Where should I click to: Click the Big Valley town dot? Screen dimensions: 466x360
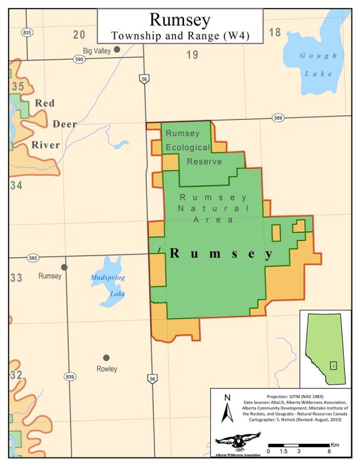click(117, 50)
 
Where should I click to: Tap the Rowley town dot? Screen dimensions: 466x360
click(106, 357)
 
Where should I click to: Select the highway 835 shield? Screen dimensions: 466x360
click(26, 33)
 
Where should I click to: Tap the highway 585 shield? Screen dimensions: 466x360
click(33, 257)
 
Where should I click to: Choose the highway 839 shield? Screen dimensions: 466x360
click(70, 376)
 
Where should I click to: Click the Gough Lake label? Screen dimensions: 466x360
click(317, 65)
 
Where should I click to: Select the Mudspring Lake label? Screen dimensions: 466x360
click(108, 285)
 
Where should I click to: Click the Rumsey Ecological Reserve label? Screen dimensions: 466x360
click(187, 147)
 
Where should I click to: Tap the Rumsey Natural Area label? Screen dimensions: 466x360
click(214, 208)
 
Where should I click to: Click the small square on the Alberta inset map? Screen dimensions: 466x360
click(333, 365)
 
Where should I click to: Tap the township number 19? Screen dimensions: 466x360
click(192, 55)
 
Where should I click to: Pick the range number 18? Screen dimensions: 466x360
click(274, 32)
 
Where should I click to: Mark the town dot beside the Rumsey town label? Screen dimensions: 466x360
click(64, 267)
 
